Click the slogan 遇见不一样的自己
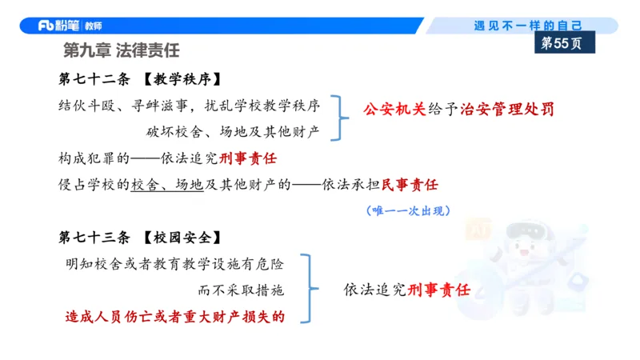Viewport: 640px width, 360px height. [528, 26]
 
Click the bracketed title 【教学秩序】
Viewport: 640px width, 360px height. [180, 80]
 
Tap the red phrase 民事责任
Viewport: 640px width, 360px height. [410, 185]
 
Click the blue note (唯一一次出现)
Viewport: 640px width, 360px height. [407, 210]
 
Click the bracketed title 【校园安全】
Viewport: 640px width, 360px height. [180, 238]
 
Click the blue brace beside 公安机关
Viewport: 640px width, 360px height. [343, 118]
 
